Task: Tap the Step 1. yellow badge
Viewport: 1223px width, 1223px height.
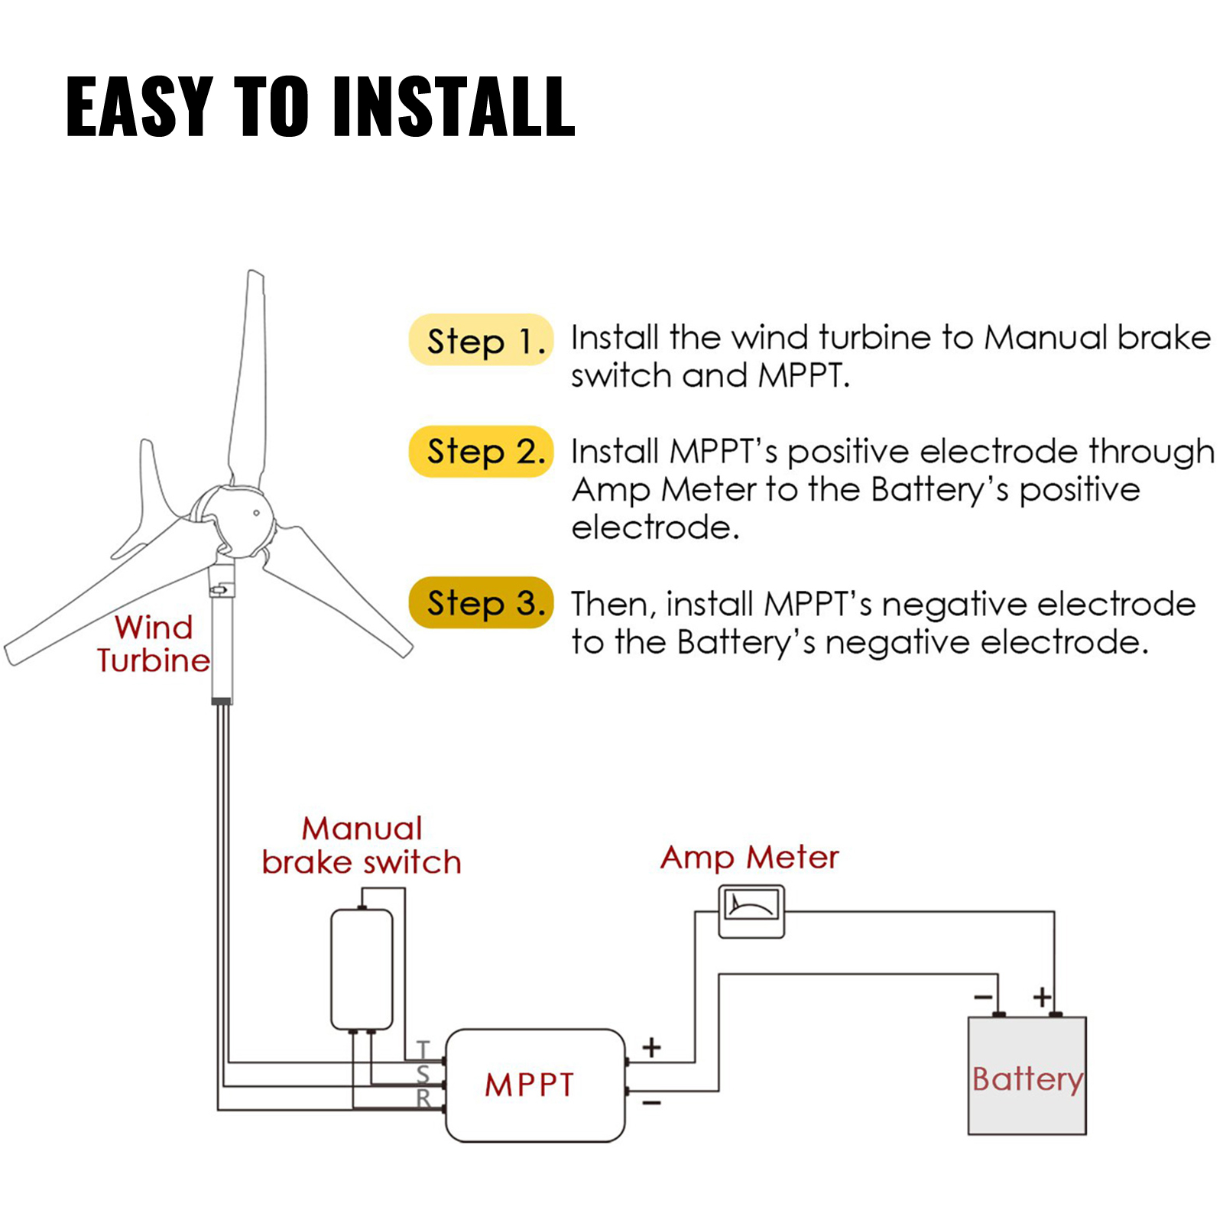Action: pos(480,340)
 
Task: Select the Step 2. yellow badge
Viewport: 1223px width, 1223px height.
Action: pos(480,452)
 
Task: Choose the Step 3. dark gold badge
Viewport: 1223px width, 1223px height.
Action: pos(480,603)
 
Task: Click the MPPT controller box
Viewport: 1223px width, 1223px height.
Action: pos(535,1085)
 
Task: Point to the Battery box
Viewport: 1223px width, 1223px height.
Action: pos(1027,1076)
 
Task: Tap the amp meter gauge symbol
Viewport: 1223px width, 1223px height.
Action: pos(751,910)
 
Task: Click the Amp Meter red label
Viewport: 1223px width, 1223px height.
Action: pos(749,858)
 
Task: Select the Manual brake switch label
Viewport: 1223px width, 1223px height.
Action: pos(362,845)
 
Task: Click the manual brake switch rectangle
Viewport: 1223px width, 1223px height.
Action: pos(362,969)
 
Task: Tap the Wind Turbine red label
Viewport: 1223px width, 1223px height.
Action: pos(153,644)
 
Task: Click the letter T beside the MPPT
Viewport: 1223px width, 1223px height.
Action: pos(423,1049)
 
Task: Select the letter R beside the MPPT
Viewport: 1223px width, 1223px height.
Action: pos(423,1099)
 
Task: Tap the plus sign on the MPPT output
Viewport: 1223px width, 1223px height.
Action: pos(651,1047)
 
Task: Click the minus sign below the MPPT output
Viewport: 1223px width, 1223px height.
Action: pos(651,1103)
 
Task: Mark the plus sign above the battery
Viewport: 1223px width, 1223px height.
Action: pos(1042,997)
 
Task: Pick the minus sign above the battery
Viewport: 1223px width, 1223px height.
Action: pos(983,997)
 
